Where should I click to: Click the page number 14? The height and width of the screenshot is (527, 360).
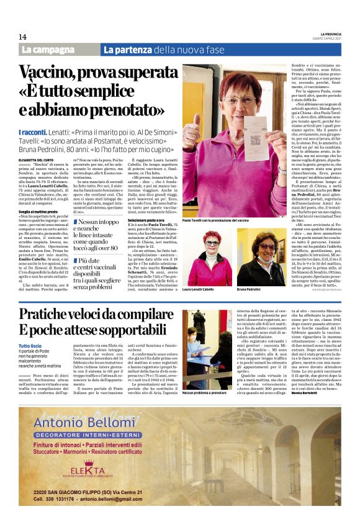23,37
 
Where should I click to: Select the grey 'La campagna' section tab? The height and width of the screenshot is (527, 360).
58,49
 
